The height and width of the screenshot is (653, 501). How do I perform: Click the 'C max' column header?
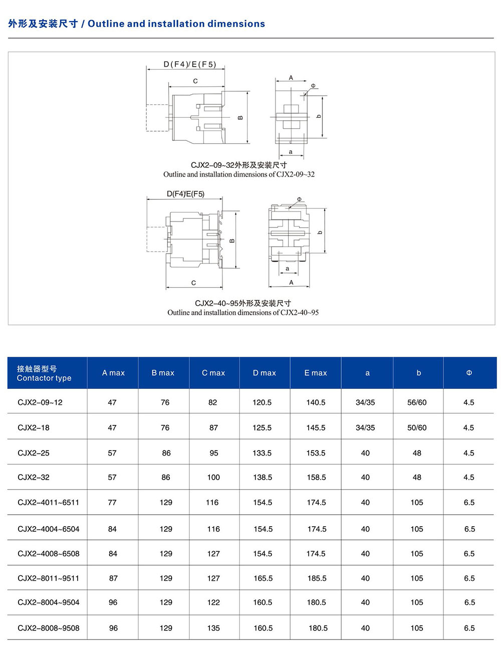pyautogui.click(x=213, y=373)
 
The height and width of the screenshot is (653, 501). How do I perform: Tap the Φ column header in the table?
pyautogui.click(x=469, y=373)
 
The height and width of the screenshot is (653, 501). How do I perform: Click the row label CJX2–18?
pyautogui.click(x=34, y=427)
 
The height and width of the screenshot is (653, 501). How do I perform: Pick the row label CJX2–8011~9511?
pyautogui.click(x=48, y=578)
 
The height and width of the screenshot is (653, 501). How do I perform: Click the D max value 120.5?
pyautogui.click(x=262, y=402)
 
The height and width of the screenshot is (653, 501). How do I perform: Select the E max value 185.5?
pyautogui.click(x=317, y=578)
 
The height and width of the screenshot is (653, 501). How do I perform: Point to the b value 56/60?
pyautogui.click(x=417, y=402)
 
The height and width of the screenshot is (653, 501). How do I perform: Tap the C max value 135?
pyautogui.click(x=213, y=628)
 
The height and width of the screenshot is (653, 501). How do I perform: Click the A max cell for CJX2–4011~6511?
pyautogui.click(x=112, y=502)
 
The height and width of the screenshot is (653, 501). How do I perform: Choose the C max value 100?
pyautogui.click(x=213, y=477)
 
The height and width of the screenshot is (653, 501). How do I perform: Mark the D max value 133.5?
pyautogui.click(x=262, y=453)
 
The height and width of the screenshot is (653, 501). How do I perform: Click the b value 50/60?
pyautogui.click(x=417, y=427)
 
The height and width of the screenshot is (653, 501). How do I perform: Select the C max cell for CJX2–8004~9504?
pyautogui.click(x=213, y=602)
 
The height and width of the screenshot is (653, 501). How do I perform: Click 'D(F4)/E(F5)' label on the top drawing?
pyautogui.click(x=190, y=64)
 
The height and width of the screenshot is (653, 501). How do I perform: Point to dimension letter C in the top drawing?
pyautogui.click(x=195, y=81)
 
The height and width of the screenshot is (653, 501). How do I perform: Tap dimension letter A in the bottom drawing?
pyautogui.click(x=291, y=283)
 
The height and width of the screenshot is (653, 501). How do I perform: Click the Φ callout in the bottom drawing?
pyautogui.click(x=299, y=199)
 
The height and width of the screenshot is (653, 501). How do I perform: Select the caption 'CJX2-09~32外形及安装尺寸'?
pyautogui.click(x=239, y=165)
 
